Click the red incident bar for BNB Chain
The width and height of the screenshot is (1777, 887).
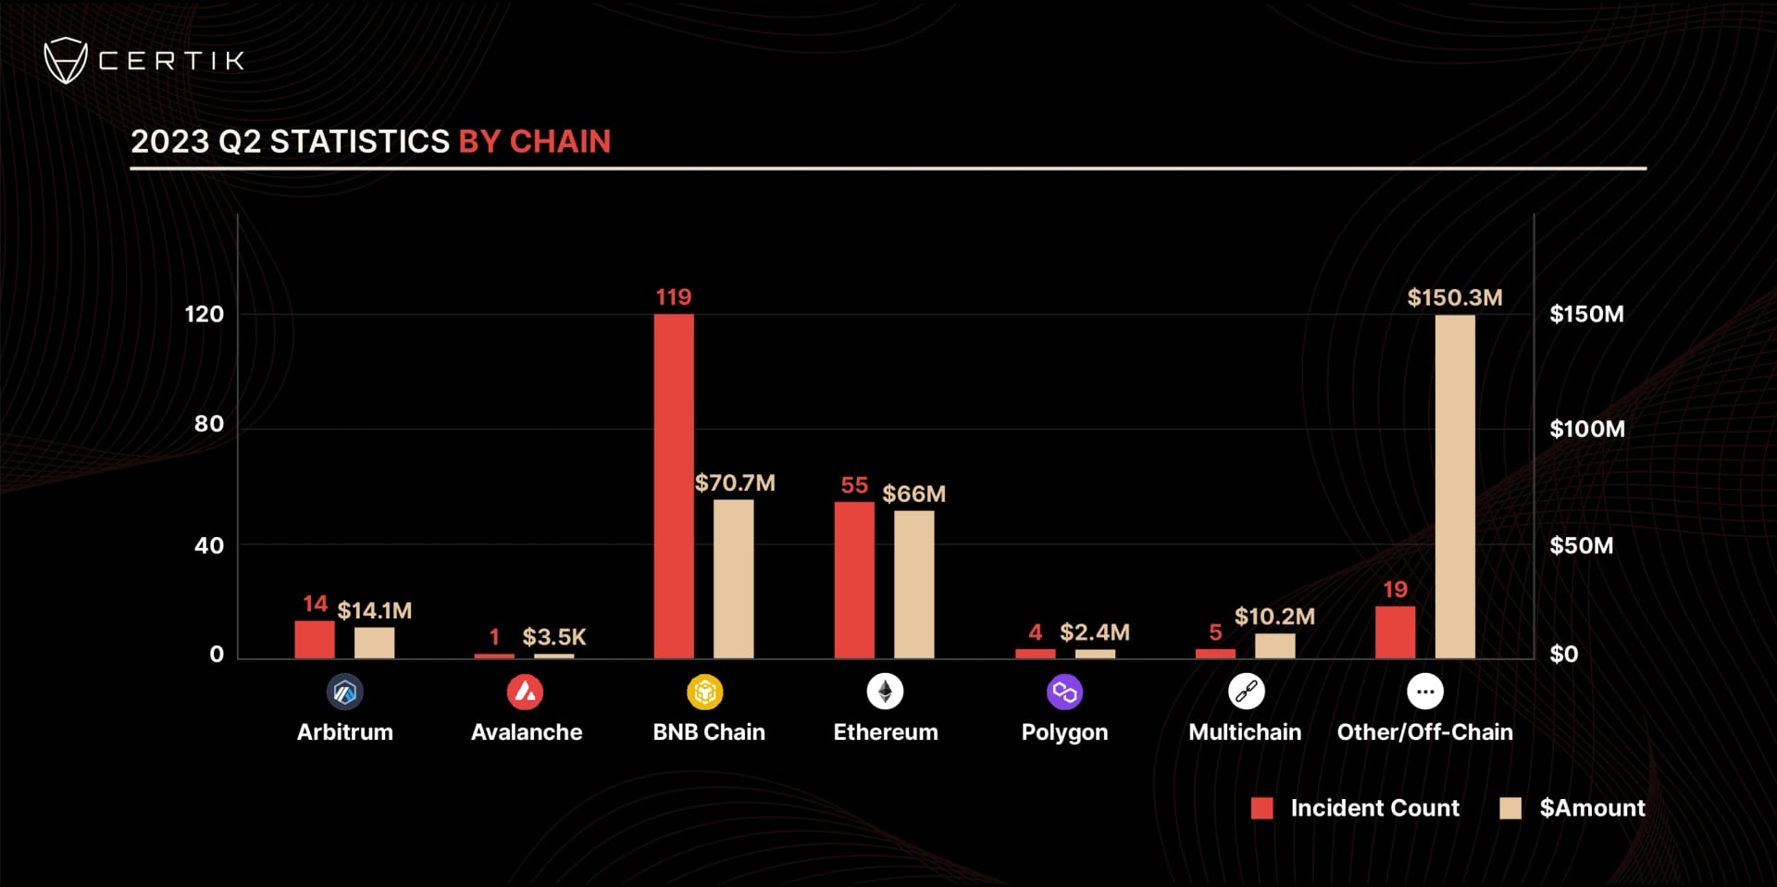[673, 486]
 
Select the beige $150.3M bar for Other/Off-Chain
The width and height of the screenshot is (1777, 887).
[1455, 486]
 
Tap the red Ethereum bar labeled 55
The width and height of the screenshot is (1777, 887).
[853, 580]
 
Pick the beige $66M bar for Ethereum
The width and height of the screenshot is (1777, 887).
[913, 584]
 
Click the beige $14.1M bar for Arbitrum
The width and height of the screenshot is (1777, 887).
[374, 643]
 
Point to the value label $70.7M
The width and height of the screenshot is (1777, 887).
[735, 483]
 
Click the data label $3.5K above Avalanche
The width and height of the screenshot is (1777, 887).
[553, 637]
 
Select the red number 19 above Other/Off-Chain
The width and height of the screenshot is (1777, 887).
[1395, 590]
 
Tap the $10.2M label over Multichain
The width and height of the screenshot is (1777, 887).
[1274, 617]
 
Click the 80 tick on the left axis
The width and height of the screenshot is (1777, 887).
[209, 424]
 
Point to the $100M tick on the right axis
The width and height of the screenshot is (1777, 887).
[1586, 429]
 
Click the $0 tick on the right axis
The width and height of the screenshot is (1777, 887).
[1563, 655]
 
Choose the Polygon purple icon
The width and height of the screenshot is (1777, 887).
[1064, 692]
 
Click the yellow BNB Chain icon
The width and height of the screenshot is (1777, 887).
[704, 692]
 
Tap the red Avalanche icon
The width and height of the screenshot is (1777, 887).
[525, 692]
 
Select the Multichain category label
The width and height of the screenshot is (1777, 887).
[1244, 732]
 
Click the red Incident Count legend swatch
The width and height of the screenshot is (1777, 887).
[1261, 808]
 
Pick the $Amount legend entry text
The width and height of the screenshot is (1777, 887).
[1592, 808]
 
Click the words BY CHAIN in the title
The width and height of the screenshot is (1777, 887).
[534, 142]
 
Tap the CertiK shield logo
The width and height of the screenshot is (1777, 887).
[65, 61]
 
